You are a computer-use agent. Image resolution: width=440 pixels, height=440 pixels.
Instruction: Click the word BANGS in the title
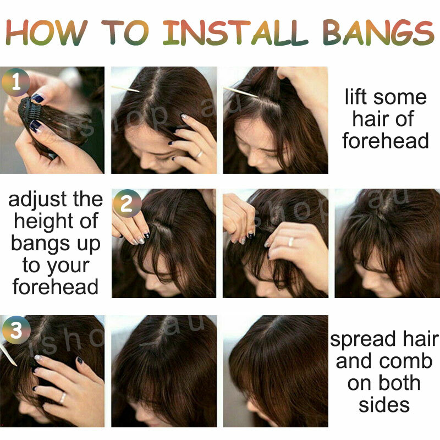[378, 33]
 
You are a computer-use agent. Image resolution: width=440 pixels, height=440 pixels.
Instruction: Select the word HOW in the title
[47, 32]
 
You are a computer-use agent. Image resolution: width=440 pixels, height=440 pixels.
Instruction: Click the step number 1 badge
[16, 82]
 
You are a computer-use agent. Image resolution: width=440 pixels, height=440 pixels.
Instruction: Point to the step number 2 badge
[127, 204]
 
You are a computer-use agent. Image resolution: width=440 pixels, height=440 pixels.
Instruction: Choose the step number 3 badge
[16, 330]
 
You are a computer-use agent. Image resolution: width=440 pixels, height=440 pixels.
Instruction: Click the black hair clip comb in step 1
[28, 112]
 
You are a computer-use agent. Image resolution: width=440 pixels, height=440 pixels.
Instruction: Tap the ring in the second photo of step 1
[199, 155]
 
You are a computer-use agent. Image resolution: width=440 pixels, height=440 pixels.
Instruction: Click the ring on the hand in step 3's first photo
[63, 398]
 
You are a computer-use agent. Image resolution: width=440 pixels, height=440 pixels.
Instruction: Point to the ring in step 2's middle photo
[291, 241]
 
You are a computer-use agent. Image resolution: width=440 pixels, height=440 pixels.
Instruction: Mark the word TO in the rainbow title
[125, 33]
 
